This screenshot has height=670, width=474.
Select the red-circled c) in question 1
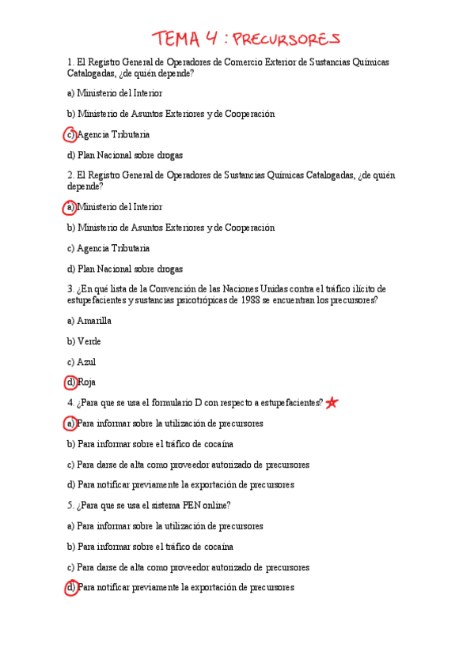coord(70,134)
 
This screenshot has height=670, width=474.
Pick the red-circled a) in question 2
coord(70,207)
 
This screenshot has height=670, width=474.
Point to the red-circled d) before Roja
coord(70,382)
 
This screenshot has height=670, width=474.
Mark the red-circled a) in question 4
coord(70,423)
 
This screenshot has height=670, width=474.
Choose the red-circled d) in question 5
coord(70,588)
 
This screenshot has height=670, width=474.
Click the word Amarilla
coord(94,321)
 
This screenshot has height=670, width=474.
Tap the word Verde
coord(89,341)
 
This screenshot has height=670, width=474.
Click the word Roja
coord(87,382)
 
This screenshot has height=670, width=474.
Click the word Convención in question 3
coord(183,288)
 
